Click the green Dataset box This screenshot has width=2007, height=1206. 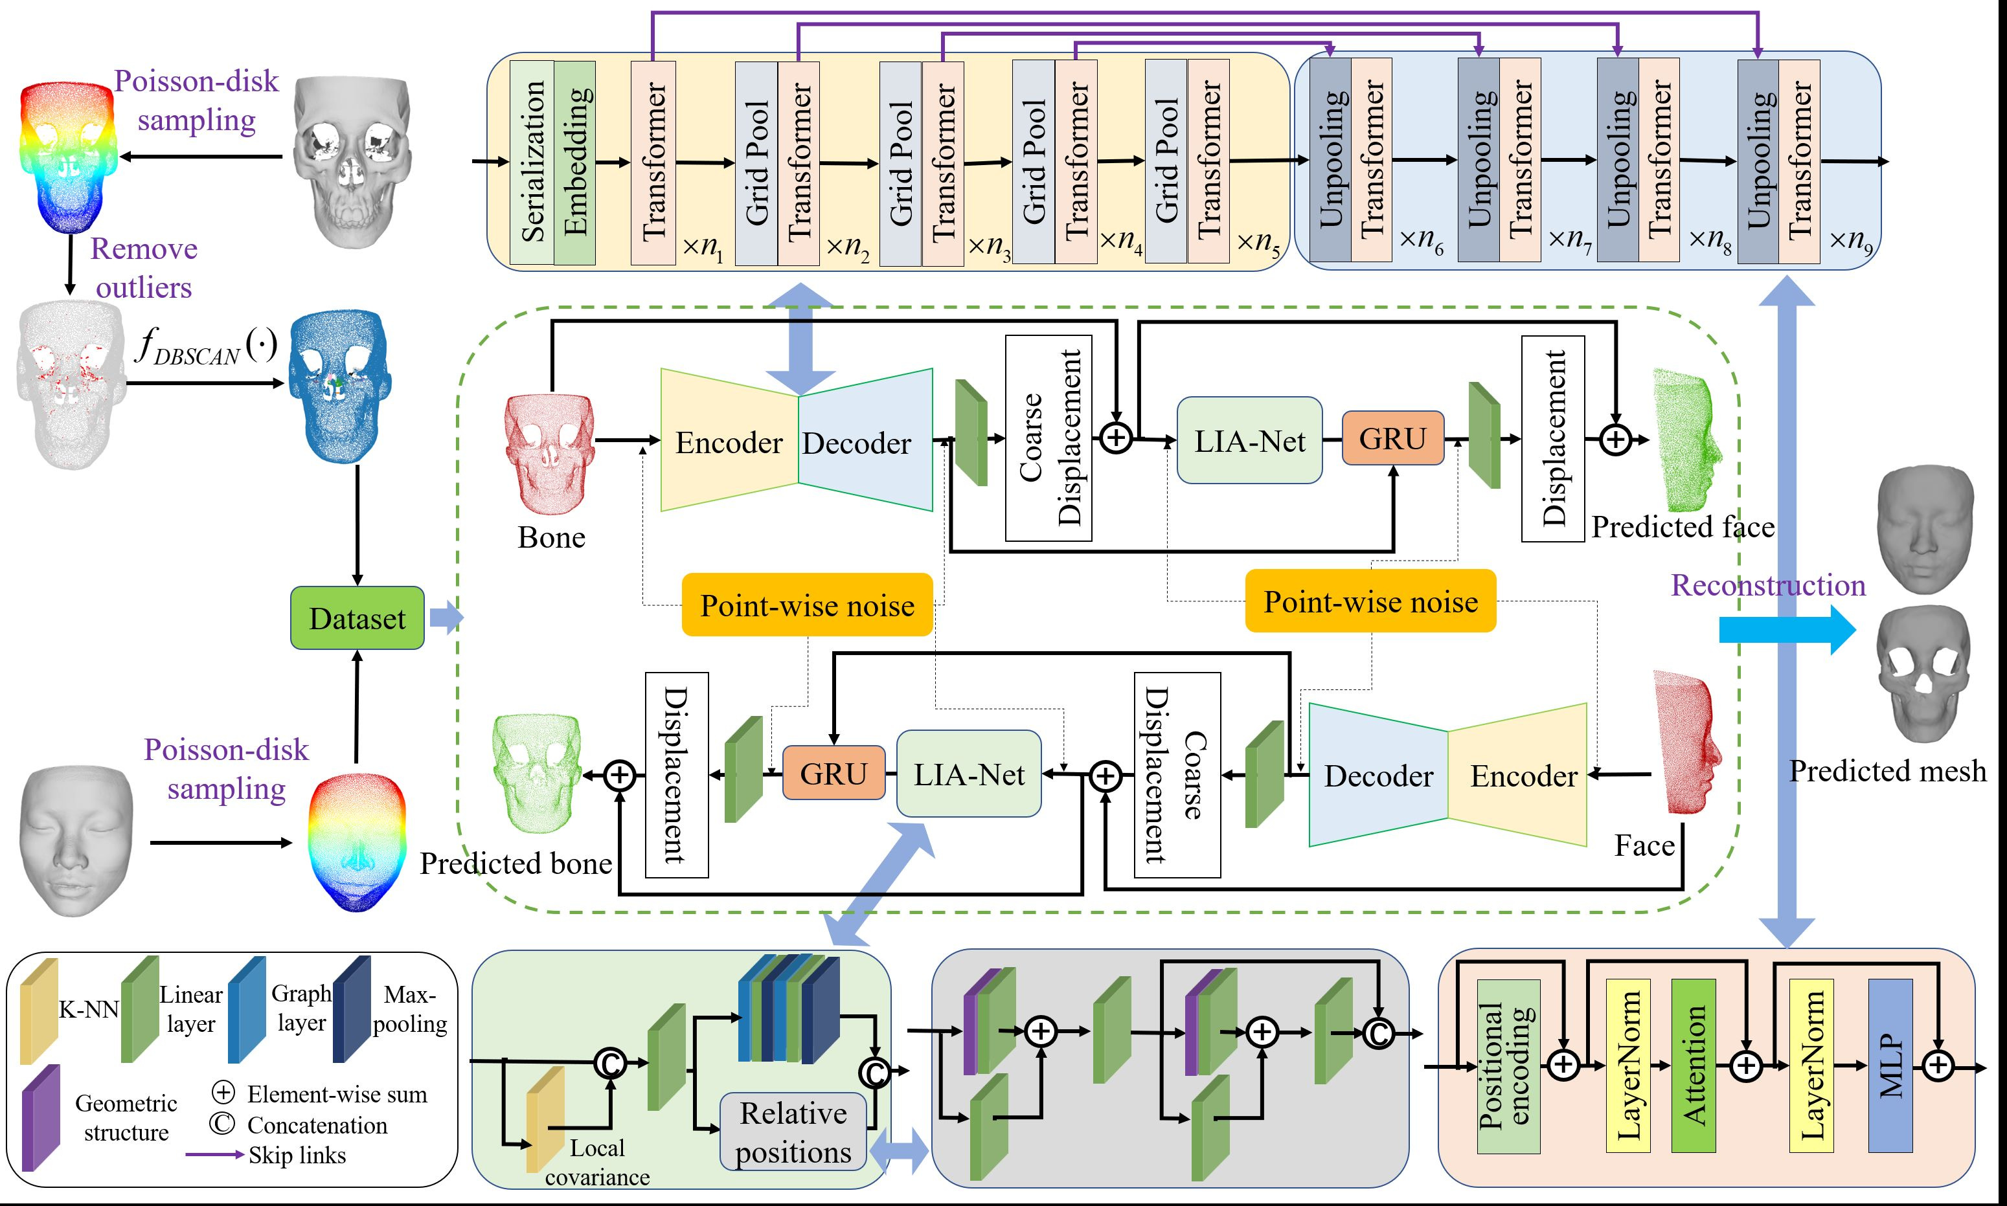(357, 618)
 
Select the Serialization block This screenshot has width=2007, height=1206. (532, 162)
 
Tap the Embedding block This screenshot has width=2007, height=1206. (574, 162)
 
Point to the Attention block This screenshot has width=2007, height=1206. (1694, 1066)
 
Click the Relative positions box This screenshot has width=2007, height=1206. (793, 1132)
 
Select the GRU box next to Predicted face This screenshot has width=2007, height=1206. (1392, 439)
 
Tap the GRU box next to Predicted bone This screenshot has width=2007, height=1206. (833, 774)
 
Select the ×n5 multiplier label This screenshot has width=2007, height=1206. (1258, 243)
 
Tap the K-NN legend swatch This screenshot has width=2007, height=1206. (38, 1012)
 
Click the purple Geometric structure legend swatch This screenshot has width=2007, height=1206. (39, 1117)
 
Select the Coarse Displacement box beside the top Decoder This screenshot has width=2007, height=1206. (1048, 439)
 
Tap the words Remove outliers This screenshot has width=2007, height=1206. (144, 268)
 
